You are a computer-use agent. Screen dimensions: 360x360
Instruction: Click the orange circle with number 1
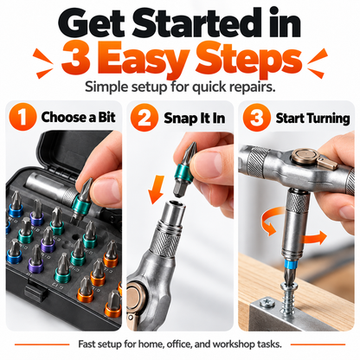coord(22,117)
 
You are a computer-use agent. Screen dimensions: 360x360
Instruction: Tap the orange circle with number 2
coord(145,118)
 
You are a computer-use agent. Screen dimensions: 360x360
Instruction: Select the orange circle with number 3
coord(256,118)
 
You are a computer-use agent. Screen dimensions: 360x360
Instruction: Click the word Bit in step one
coord(106,117)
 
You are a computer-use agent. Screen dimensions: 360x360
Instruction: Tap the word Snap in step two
coord(177,119)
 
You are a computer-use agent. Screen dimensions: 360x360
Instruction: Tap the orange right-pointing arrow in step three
coord(313,238)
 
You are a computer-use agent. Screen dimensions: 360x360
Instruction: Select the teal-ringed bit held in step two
coord(183,170)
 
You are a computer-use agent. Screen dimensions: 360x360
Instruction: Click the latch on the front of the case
coord(36,292)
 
